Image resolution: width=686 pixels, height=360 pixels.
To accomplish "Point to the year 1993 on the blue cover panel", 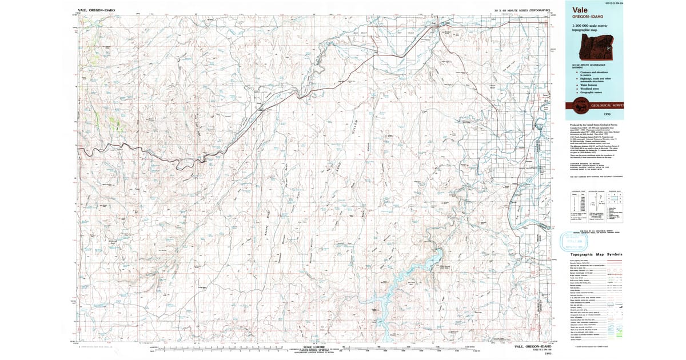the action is (595, 114).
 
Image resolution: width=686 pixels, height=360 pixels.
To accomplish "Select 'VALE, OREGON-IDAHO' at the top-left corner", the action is (97, 10).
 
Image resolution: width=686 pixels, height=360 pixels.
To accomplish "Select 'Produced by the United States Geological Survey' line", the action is (592, 123).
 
